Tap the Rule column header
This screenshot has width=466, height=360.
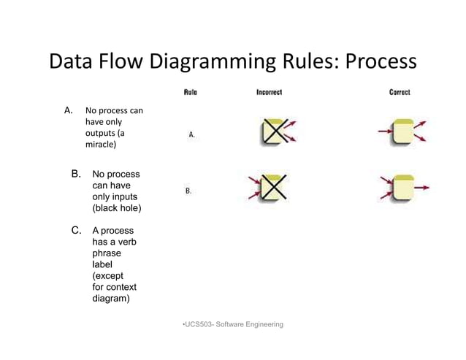point(190,92)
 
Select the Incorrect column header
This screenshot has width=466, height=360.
point(269,92)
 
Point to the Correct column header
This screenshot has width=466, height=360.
point(400,92)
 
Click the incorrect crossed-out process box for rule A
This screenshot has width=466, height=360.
point(272,132)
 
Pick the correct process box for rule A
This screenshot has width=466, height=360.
point(402,133)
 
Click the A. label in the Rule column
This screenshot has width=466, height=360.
point(191,135)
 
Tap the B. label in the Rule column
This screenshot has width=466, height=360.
point(188,191)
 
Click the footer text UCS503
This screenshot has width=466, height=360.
point(195,323)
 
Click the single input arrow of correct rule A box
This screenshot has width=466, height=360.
point(384,132)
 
